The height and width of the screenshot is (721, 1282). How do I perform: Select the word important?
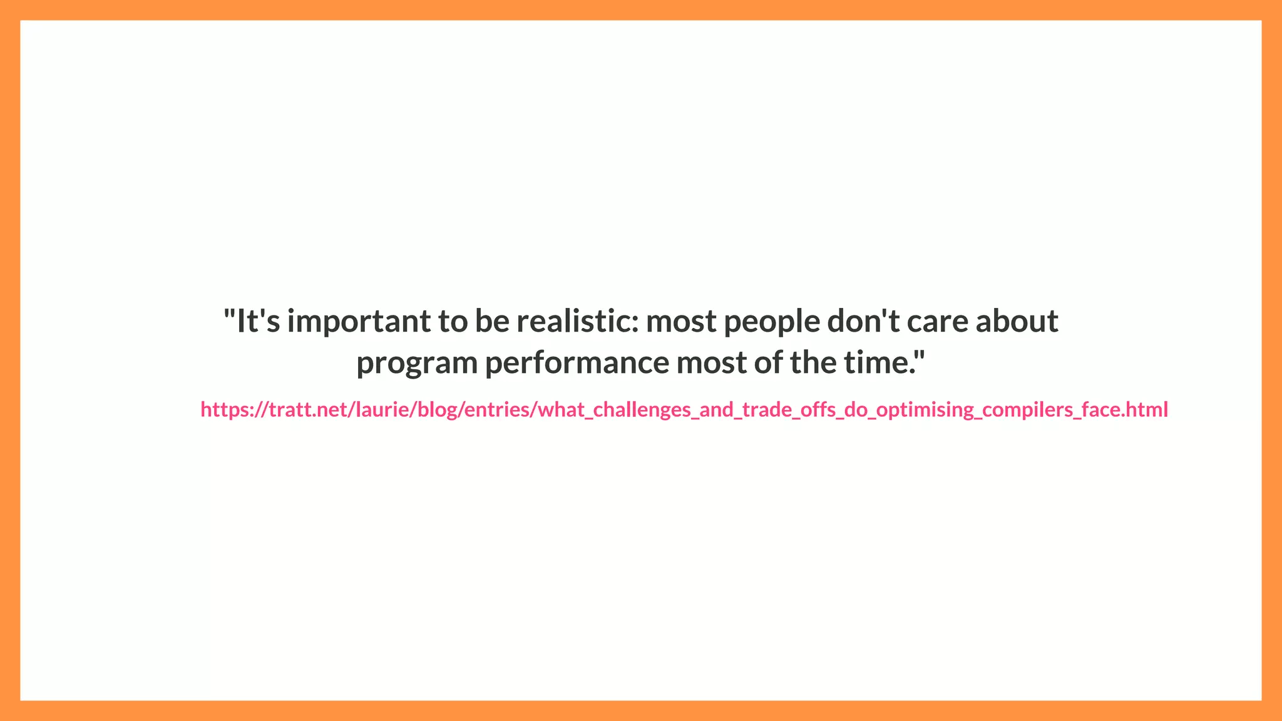pos(359,321)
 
